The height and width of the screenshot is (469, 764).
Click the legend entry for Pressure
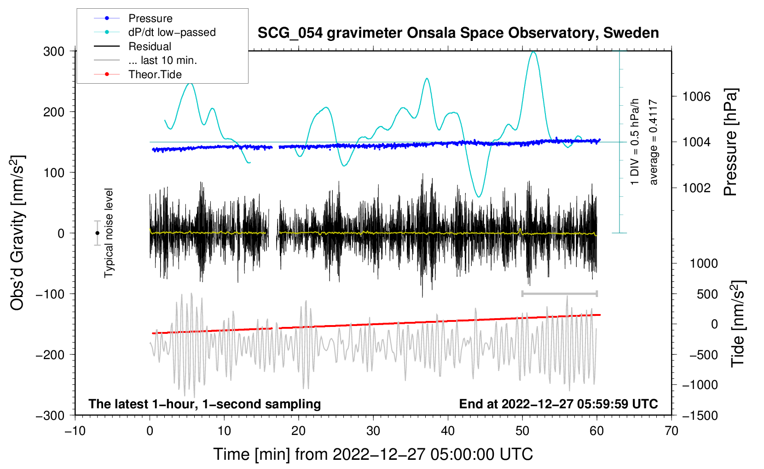150,18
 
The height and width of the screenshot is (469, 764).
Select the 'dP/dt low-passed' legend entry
172,32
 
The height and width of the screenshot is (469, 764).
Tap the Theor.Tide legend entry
155,74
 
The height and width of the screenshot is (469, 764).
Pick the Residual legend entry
150,46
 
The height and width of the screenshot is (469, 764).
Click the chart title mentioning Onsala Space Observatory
458,33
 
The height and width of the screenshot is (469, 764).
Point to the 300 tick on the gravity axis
54,51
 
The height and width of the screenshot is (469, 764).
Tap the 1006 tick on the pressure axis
696,97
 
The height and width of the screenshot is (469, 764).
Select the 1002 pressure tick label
696,188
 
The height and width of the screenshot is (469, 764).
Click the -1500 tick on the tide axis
700,415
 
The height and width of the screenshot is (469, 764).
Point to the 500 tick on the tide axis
707,294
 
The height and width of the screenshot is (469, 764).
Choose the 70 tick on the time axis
671,431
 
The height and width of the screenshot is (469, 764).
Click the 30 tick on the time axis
373,431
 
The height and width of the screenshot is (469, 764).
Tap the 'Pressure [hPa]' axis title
730,142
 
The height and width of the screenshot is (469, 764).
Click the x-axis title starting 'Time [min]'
373,454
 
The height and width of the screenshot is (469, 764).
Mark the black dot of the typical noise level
97,233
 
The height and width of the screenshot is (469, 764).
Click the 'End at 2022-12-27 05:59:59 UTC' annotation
558,404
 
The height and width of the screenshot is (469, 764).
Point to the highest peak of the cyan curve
533,52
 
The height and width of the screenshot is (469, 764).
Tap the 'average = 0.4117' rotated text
654,142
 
